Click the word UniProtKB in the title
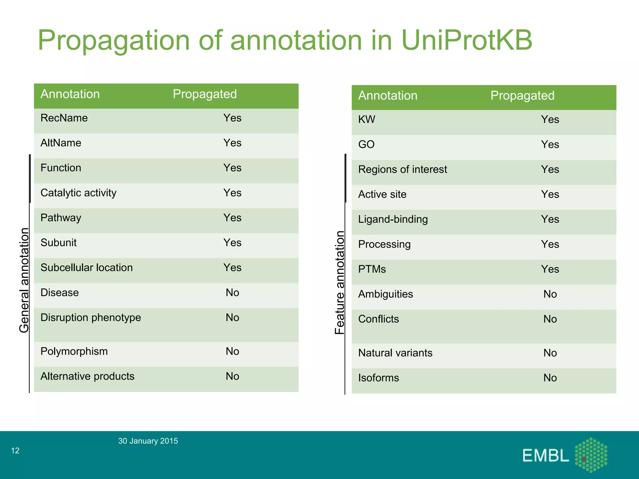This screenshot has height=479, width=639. point(467,41)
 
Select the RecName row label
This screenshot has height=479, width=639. point(64,118)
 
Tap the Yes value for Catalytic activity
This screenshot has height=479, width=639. point(232,193)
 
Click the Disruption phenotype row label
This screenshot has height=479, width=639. point(90,318)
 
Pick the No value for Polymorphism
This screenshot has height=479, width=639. point(232,351)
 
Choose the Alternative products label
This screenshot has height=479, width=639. point(87,376)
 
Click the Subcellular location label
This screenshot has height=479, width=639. point(86,268)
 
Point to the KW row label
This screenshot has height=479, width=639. point(366,120)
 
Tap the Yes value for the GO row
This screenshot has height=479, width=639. point(550,145)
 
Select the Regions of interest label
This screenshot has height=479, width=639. point(402,170)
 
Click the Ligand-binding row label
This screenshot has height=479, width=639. point(393,220)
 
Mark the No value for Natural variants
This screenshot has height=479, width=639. point(550,353)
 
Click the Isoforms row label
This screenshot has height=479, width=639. point(378,378)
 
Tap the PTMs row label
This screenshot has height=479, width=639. point(372,269)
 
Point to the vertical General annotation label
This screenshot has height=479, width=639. point(24,280)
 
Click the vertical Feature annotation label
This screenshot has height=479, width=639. point(339,283)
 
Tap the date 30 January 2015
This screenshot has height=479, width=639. point(148,441)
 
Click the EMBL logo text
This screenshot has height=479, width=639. point(545,456)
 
